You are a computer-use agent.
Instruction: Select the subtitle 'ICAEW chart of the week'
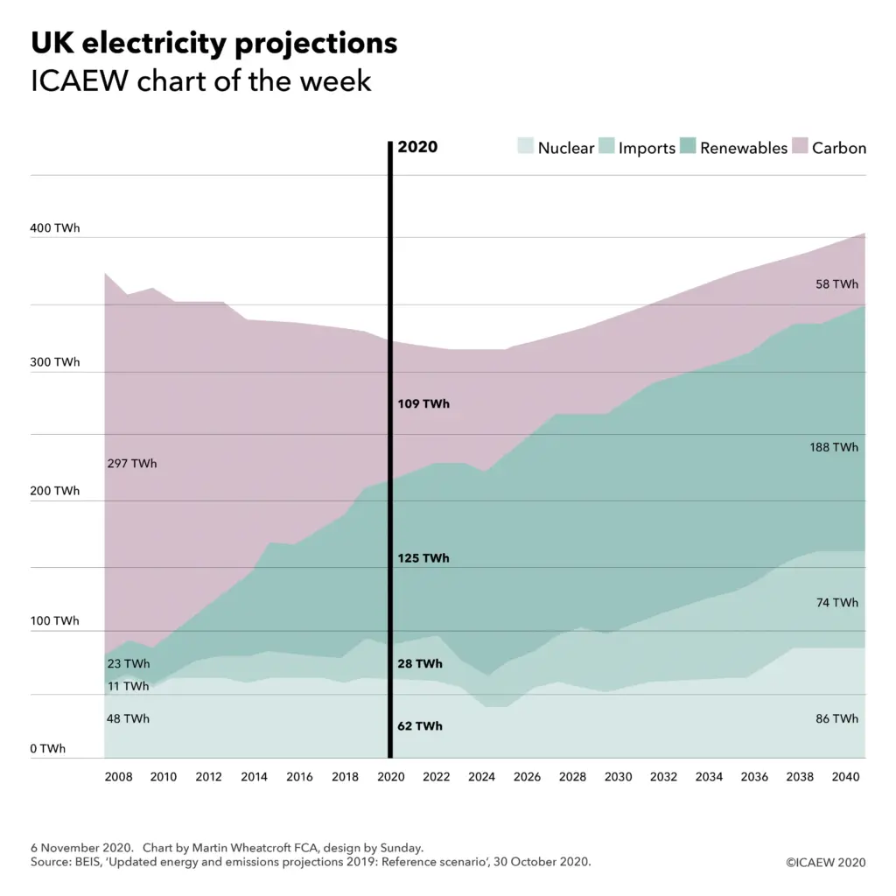pos(201,81)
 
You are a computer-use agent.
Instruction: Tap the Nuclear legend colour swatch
pos(525,147)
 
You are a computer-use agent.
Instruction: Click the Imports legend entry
pos(646,148)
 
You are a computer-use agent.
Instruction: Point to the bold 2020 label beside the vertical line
pos(417,147)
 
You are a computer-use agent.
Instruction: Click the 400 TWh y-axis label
pos(55,228)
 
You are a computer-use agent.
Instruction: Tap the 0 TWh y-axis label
pos(47,749)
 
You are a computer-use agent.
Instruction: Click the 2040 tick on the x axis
pos(845,777)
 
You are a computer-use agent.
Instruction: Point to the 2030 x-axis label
pos(618,777)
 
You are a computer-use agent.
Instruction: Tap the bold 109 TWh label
pos(423,404)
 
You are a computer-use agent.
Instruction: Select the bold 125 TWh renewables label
pos(423,558)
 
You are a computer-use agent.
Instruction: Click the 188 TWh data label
pos(834,447)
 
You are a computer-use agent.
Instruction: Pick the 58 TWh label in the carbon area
pos(836,284)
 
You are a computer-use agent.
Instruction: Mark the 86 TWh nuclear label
pos(836,719)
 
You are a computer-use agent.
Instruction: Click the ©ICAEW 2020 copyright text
pos(825,863)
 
